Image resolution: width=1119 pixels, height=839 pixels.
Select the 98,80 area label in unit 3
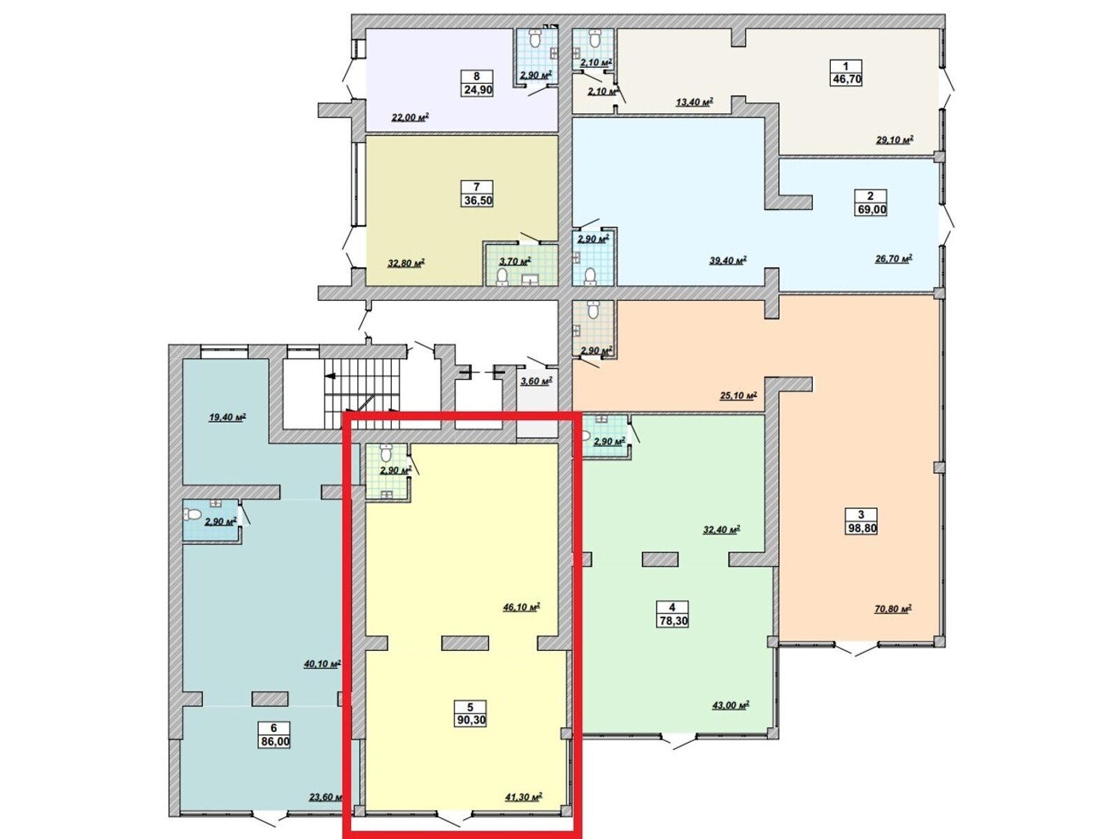[x=860, y=529]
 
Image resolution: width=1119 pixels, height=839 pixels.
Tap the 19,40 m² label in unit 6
[x=227, y=417]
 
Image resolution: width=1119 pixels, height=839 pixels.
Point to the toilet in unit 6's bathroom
[x=193, y=515]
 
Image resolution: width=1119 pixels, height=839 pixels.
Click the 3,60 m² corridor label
[x=535, y=381]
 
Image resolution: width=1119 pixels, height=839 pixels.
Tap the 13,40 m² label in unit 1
[x=694, y=102]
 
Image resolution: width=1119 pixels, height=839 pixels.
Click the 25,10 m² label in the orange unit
[x=738, y=396]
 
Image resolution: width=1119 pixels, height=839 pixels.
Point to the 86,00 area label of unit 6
[x=273, y=742]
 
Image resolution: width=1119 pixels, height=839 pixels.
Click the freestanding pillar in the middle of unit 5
[x=465, y=643]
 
